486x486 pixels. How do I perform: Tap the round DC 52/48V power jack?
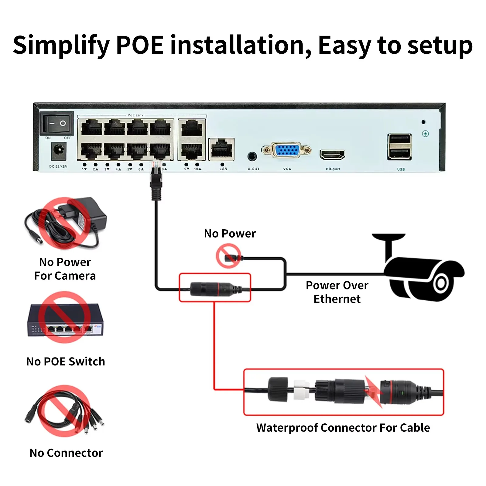(59, 151)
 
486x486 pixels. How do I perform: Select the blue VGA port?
(287, 150)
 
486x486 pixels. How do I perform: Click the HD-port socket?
(332, 155)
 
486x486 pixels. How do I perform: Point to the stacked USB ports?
(399, 147)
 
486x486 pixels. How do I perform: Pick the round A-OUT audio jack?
(252, 156)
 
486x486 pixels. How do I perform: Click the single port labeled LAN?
(221, 149)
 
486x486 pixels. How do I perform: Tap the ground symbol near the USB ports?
(425, 134)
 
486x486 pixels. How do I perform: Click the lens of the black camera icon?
(441, 283)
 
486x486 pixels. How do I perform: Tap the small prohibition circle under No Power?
(228, 257)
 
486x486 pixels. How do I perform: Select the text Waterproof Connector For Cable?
(343, 428)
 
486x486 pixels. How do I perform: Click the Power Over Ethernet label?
(337, 292)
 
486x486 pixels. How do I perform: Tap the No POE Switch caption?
(66, 361)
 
